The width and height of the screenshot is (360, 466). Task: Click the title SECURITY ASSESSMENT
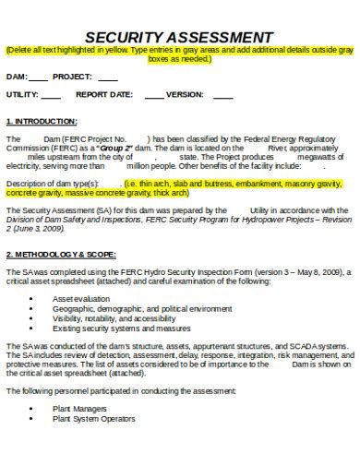(x=179, y=36)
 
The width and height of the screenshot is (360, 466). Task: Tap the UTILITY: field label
(x=21, y=94)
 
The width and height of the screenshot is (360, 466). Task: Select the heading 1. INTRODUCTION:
(x=42, y=121)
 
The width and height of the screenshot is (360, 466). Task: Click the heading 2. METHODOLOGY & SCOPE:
(x=61, y=253)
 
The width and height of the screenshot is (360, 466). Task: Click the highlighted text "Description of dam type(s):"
(x=53, y=183)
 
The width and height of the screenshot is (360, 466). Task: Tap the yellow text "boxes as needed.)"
(x=179, y=58)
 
